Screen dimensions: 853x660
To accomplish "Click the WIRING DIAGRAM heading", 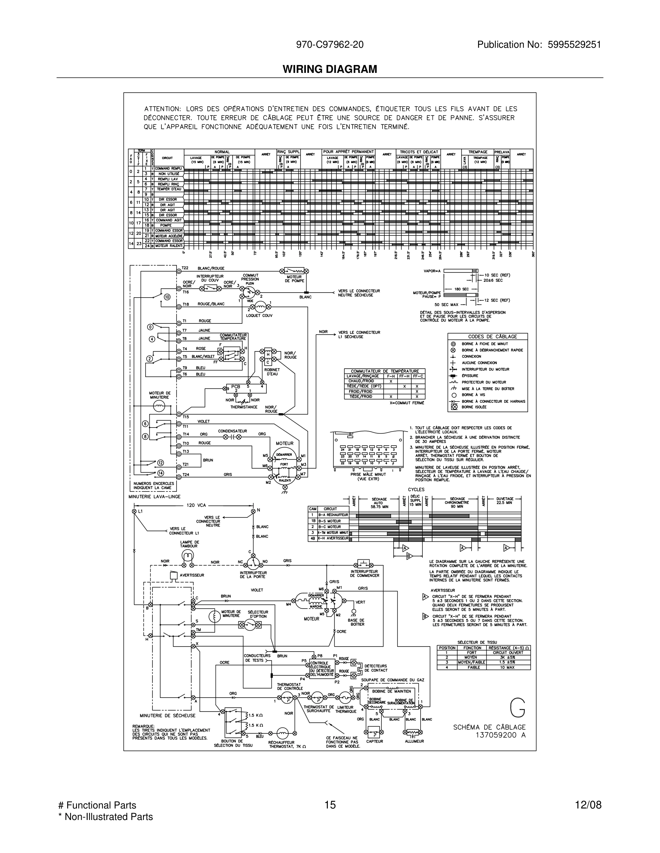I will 330,69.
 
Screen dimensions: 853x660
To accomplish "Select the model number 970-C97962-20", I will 330,45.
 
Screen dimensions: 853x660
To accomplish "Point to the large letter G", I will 518,708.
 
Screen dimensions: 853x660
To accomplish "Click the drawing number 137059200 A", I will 500,735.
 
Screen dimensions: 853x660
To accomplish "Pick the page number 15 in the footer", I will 330,805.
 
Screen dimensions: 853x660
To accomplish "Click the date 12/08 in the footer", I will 588,805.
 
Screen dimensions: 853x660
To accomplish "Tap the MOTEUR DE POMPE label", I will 294,279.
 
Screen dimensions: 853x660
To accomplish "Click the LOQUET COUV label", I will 259,316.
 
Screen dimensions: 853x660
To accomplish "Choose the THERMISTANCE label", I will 244,407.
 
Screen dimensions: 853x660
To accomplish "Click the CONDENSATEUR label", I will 232,431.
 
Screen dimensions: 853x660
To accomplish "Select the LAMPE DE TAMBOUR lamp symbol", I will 188,555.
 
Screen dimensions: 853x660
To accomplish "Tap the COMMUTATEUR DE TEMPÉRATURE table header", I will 384,371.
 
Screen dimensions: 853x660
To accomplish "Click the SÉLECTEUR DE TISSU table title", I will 477,642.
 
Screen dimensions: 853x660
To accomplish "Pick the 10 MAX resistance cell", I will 508,667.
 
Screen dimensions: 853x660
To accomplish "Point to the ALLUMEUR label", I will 414,741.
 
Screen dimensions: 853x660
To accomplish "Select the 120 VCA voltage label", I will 196,505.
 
